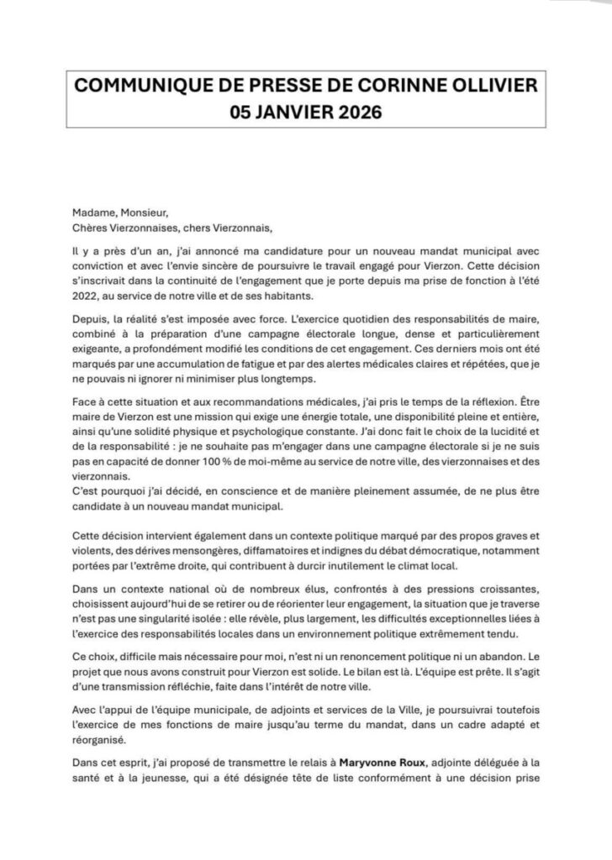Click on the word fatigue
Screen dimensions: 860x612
click(297, 379)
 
